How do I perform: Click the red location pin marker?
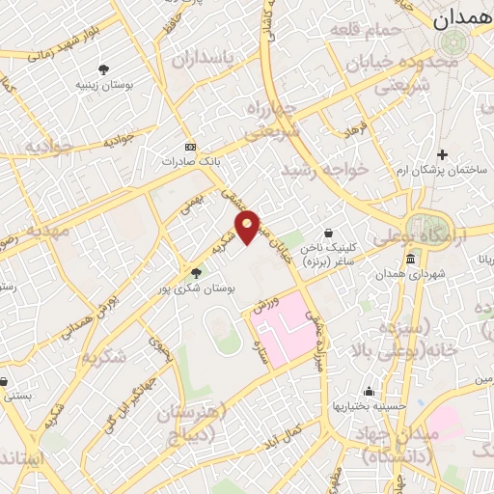coord(248,226)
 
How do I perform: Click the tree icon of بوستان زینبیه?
coord(103,69)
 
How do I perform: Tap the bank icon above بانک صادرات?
coord(189,147)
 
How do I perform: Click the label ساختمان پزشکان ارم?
coord(443,170)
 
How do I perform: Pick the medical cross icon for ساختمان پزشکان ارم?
coord(443,154)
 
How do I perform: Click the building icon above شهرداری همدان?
coord(411,260)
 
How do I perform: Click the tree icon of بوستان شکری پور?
coord(197,273)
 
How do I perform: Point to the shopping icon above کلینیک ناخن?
coord(329,233)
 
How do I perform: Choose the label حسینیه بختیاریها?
coord(369,407)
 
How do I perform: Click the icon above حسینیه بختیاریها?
coord(369,392)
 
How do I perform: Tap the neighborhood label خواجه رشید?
coord(325,170)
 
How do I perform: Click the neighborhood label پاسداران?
coord(203,59)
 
